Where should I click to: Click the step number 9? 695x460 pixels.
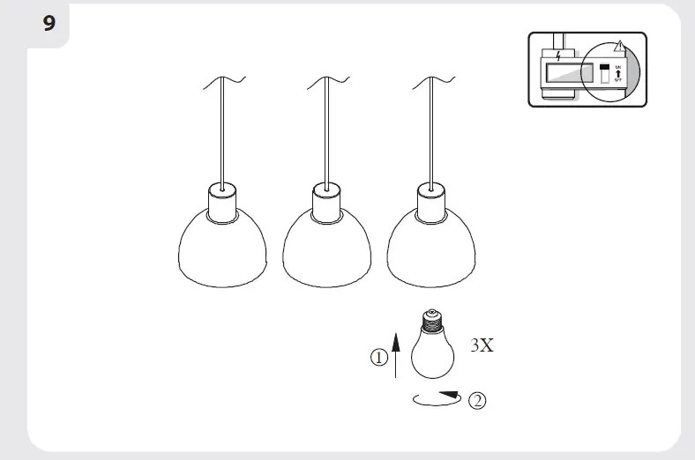pos(49,22)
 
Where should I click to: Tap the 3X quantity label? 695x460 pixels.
pos(481,345)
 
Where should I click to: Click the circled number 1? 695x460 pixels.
pos(378,359)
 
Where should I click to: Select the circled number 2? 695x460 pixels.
pos(477,401)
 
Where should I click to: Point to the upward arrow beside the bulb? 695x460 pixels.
pos(396,350)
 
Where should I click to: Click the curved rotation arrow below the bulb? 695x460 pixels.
pos(436,398)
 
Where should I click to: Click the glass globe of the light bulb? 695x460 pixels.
pos(432,353)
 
